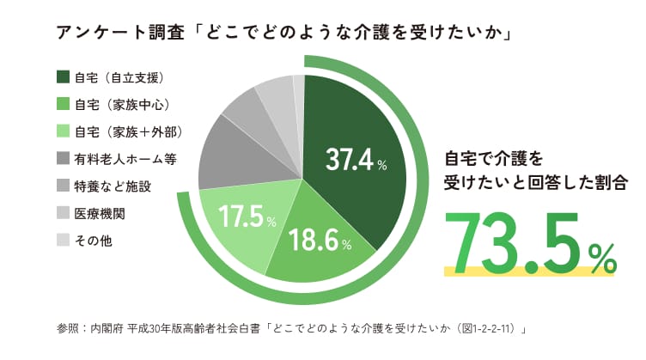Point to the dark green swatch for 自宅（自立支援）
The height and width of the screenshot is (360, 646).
point(63,77)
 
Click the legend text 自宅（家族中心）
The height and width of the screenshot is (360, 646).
point(120,105)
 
